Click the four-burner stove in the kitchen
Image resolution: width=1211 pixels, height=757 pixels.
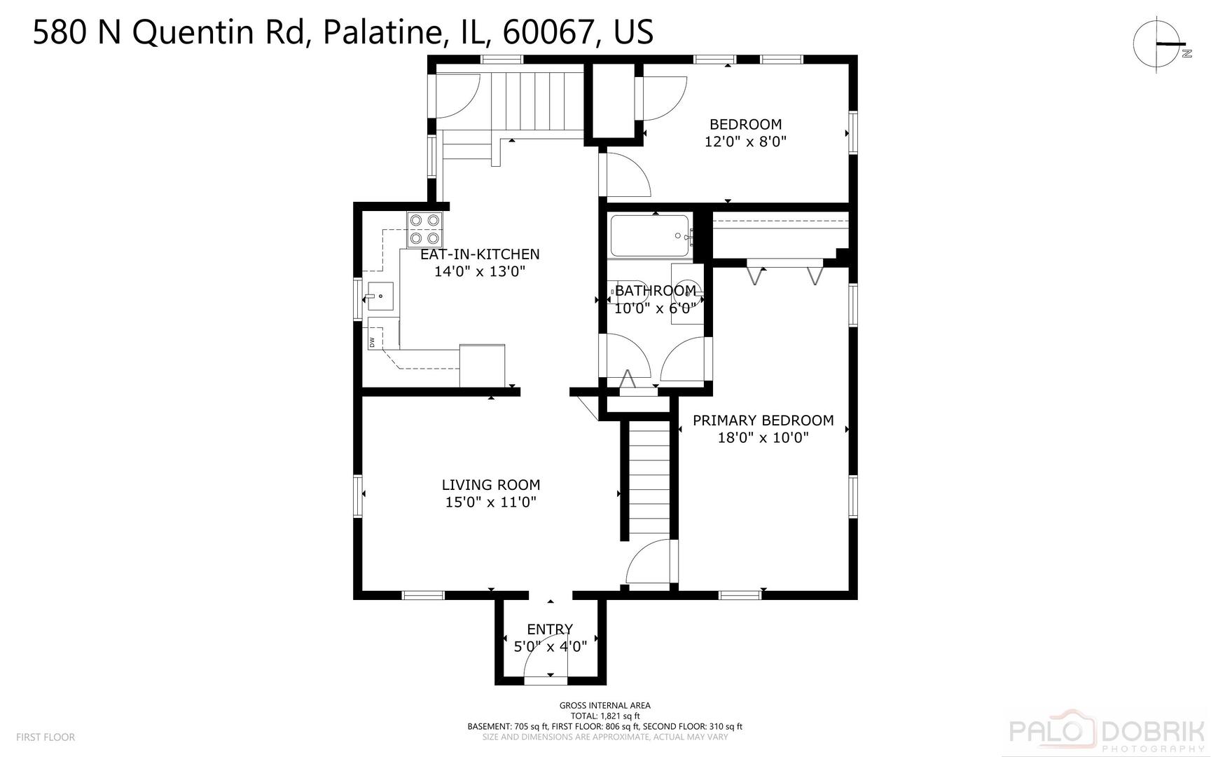click(x=425, y=229)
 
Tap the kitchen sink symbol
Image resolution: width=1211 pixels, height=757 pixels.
click(x=378, y=297)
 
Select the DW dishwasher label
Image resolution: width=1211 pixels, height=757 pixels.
click(x=373, y=342)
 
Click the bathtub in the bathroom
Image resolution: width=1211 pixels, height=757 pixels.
click(x=650, y=236)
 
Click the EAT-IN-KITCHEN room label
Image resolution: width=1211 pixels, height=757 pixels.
click(x=480, y=254)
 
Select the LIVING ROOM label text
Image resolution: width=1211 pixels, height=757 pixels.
click(x=491, y=484)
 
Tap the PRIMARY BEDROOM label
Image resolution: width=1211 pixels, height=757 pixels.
click(x=763, y=421)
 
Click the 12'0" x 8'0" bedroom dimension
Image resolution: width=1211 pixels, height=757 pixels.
click(x=745, y=142)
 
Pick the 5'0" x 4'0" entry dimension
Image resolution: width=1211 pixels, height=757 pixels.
click(x=551, y=646)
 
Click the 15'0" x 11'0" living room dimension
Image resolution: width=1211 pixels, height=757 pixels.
click(x=491, y=502)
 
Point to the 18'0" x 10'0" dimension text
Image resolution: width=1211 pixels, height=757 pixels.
click(x=763, y=438)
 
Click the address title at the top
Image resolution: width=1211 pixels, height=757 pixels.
click(x=343, y=32)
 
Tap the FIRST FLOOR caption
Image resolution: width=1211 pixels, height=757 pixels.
click(x=46, y=737)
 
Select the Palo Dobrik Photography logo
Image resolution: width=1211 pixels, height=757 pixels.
click(x=1107, y=733)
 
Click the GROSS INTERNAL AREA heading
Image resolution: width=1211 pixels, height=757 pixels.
click(x=605, y=706)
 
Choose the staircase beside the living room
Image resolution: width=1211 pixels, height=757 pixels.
click(x=649, y=479)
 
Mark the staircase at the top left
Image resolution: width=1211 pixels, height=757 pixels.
click(x=537, y=101)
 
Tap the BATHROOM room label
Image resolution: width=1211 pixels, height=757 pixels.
click(x=656, y=290)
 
